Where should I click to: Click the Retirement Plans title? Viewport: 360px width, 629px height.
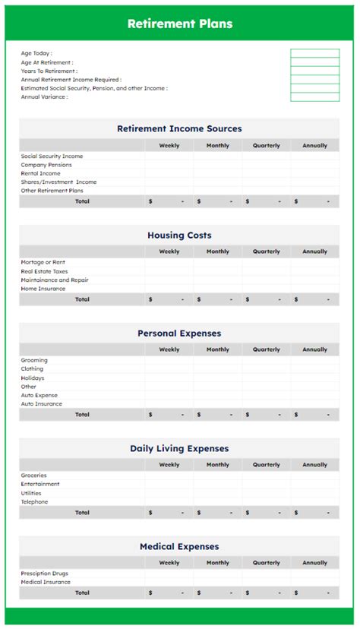point(180,24)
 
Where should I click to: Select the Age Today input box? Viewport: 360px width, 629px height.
point(314,53)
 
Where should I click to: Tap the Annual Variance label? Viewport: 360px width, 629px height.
point(44,97)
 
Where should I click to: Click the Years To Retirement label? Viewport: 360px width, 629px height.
point(49,71)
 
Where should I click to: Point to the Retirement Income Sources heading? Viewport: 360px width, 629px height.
point(179,129)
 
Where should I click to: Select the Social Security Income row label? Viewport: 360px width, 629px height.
point(52,156)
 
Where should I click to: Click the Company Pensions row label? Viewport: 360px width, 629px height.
point(46,165)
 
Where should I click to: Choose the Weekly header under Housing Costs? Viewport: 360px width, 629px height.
point(169,251)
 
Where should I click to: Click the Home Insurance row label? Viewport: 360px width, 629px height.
point(43,289)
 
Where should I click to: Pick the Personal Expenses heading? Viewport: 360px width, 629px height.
point(179,333)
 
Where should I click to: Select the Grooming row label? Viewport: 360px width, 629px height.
point(34,361)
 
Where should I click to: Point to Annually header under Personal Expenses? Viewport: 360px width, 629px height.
point(314,350)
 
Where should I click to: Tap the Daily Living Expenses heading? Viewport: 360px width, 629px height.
point(179,449)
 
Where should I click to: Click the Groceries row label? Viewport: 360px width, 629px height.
point(33,476)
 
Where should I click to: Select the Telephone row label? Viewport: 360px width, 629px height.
point(34,502)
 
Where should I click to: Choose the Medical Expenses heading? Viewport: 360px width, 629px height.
point(179,547)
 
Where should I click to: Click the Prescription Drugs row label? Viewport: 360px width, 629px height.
point(46,574)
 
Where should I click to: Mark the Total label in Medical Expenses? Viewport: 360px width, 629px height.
point(82,593)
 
